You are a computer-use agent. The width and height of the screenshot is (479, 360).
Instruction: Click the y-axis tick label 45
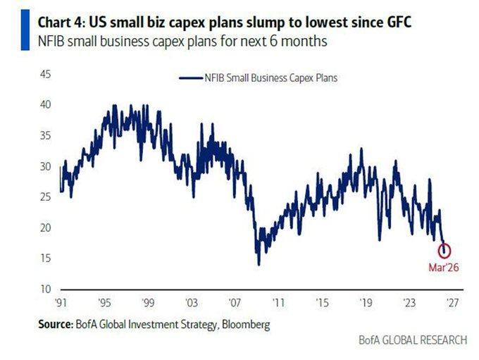click(x=45, y=73)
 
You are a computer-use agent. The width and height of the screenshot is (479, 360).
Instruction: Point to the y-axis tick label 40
click(x=45, y=104)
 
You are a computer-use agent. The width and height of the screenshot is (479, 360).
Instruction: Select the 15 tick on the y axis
click(x=45, y=259)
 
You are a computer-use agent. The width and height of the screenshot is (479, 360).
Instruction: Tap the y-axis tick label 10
click(x=45, y=290)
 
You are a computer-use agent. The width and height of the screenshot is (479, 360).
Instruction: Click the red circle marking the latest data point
click(x=444, y=250)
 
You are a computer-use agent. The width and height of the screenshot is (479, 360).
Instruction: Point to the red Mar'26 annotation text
click(x=444, y=267)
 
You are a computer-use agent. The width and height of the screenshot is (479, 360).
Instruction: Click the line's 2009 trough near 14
click(x=259, y=264)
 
